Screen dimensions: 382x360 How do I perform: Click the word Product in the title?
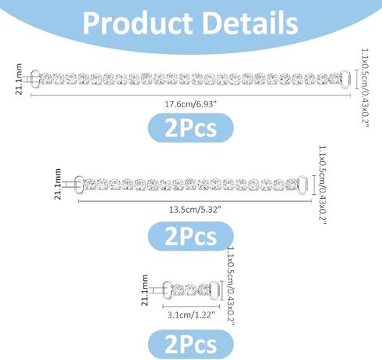138,23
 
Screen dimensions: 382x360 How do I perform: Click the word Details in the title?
250,23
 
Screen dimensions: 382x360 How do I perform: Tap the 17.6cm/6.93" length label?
190,104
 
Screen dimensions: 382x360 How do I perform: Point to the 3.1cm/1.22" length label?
191,315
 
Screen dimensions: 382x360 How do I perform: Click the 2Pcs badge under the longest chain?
191,128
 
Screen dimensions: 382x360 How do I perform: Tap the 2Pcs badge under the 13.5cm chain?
191,236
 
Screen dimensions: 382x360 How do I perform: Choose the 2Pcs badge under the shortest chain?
191,344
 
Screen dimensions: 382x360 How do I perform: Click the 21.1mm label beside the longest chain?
19,79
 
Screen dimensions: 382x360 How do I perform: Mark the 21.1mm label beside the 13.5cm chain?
57,184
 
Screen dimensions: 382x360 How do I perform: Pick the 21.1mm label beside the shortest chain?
144,290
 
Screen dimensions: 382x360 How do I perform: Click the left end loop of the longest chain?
36,79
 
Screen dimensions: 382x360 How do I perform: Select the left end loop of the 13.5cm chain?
79,185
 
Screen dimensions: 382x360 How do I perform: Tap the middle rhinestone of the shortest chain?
191,290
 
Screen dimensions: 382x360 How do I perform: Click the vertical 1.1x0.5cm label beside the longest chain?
365,88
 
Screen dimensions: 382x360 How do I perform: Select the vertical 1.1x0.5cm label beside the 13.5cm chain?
323,185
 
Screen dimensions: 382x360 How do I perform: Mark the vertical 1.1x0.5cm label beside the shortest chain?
231,286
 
